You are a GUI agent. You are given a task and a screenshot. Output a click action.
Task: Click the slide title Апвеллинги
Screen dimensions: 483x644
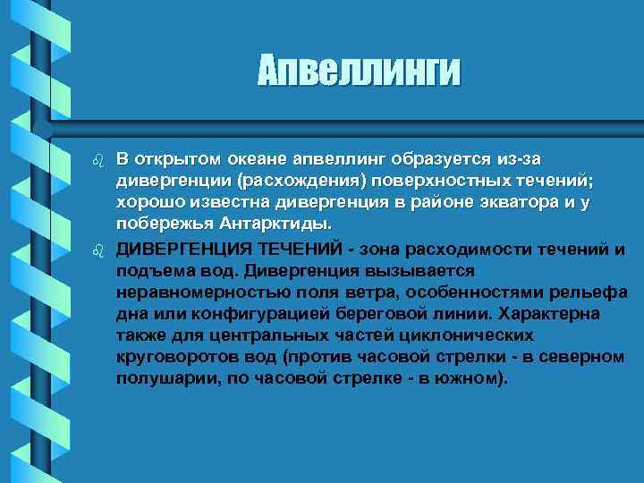[x=360, y=71]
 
